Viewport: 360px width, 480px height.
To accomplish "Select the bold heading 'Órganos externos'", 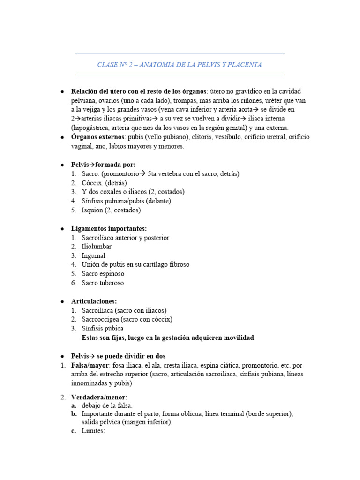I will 97,137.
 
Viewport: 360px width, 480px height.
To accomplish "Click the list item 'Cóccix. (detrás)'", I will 104,183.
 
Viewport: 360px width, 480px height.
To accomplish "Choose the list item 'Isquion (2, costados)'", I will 111,210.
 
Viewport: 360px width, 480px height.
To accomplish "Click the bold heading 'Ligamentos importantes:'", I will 109,228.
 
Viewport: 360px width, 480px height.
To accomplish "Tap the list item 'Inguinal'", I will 93,255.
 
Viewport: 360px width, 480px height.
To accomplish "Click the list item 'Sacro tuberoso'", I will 103,283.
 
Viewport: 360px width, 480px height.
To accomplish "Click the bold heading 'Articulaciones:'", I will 94,301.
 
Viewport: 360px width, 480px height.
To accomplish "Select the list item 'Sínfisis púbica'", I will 102,329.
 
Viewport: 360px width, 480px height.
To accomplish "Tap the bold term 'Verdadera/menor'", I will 98,397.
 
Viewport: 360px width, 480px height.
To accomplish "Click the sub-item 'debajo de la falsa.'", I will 107,405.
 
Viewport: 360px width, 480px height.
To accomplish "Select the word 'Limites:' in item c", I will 93,431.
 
